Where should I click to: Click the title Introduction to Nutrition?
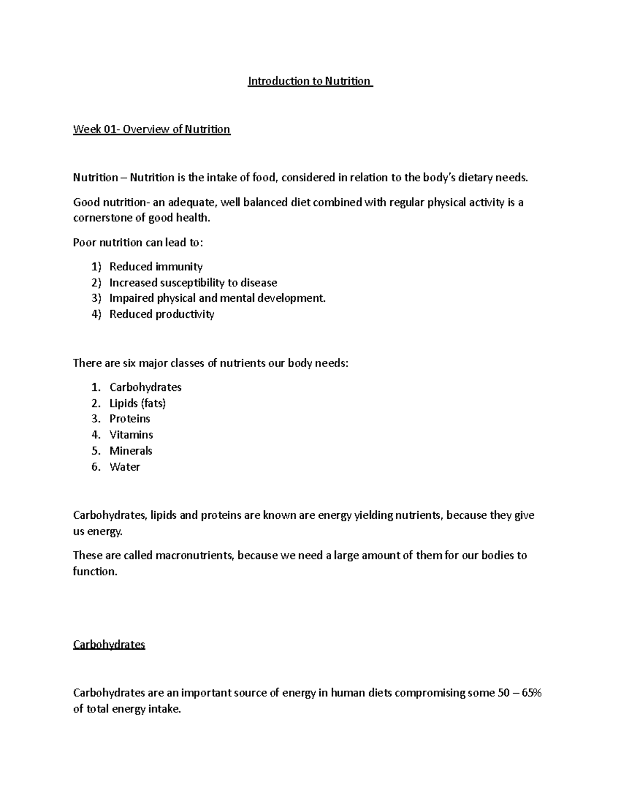[309, 81]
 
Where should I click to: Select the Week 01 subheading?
[152, 129]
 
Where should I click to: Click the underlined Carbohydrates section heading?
[109, 645]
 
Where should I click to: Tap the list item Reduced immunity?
[156, 267]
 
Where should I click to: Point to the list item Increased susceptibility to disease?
[193, 283]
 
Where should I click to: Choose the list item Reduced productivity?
[161, 314]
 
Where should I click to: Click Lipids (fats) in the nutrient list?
[138, 403]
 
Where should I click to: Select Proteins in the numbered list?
[129, 418]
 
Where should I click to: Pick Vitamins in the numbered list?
[131, 434]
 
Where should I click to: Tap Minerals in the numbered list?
[131, 450]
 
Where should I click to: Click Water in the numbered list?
[125, 466]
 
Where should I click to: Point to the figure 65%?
[531, 693]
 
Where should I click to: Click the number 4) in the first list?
[96, 314]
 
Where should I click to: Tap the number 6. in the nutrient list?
[96, 466]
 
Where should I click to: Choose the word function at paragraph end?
[94, 572]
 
